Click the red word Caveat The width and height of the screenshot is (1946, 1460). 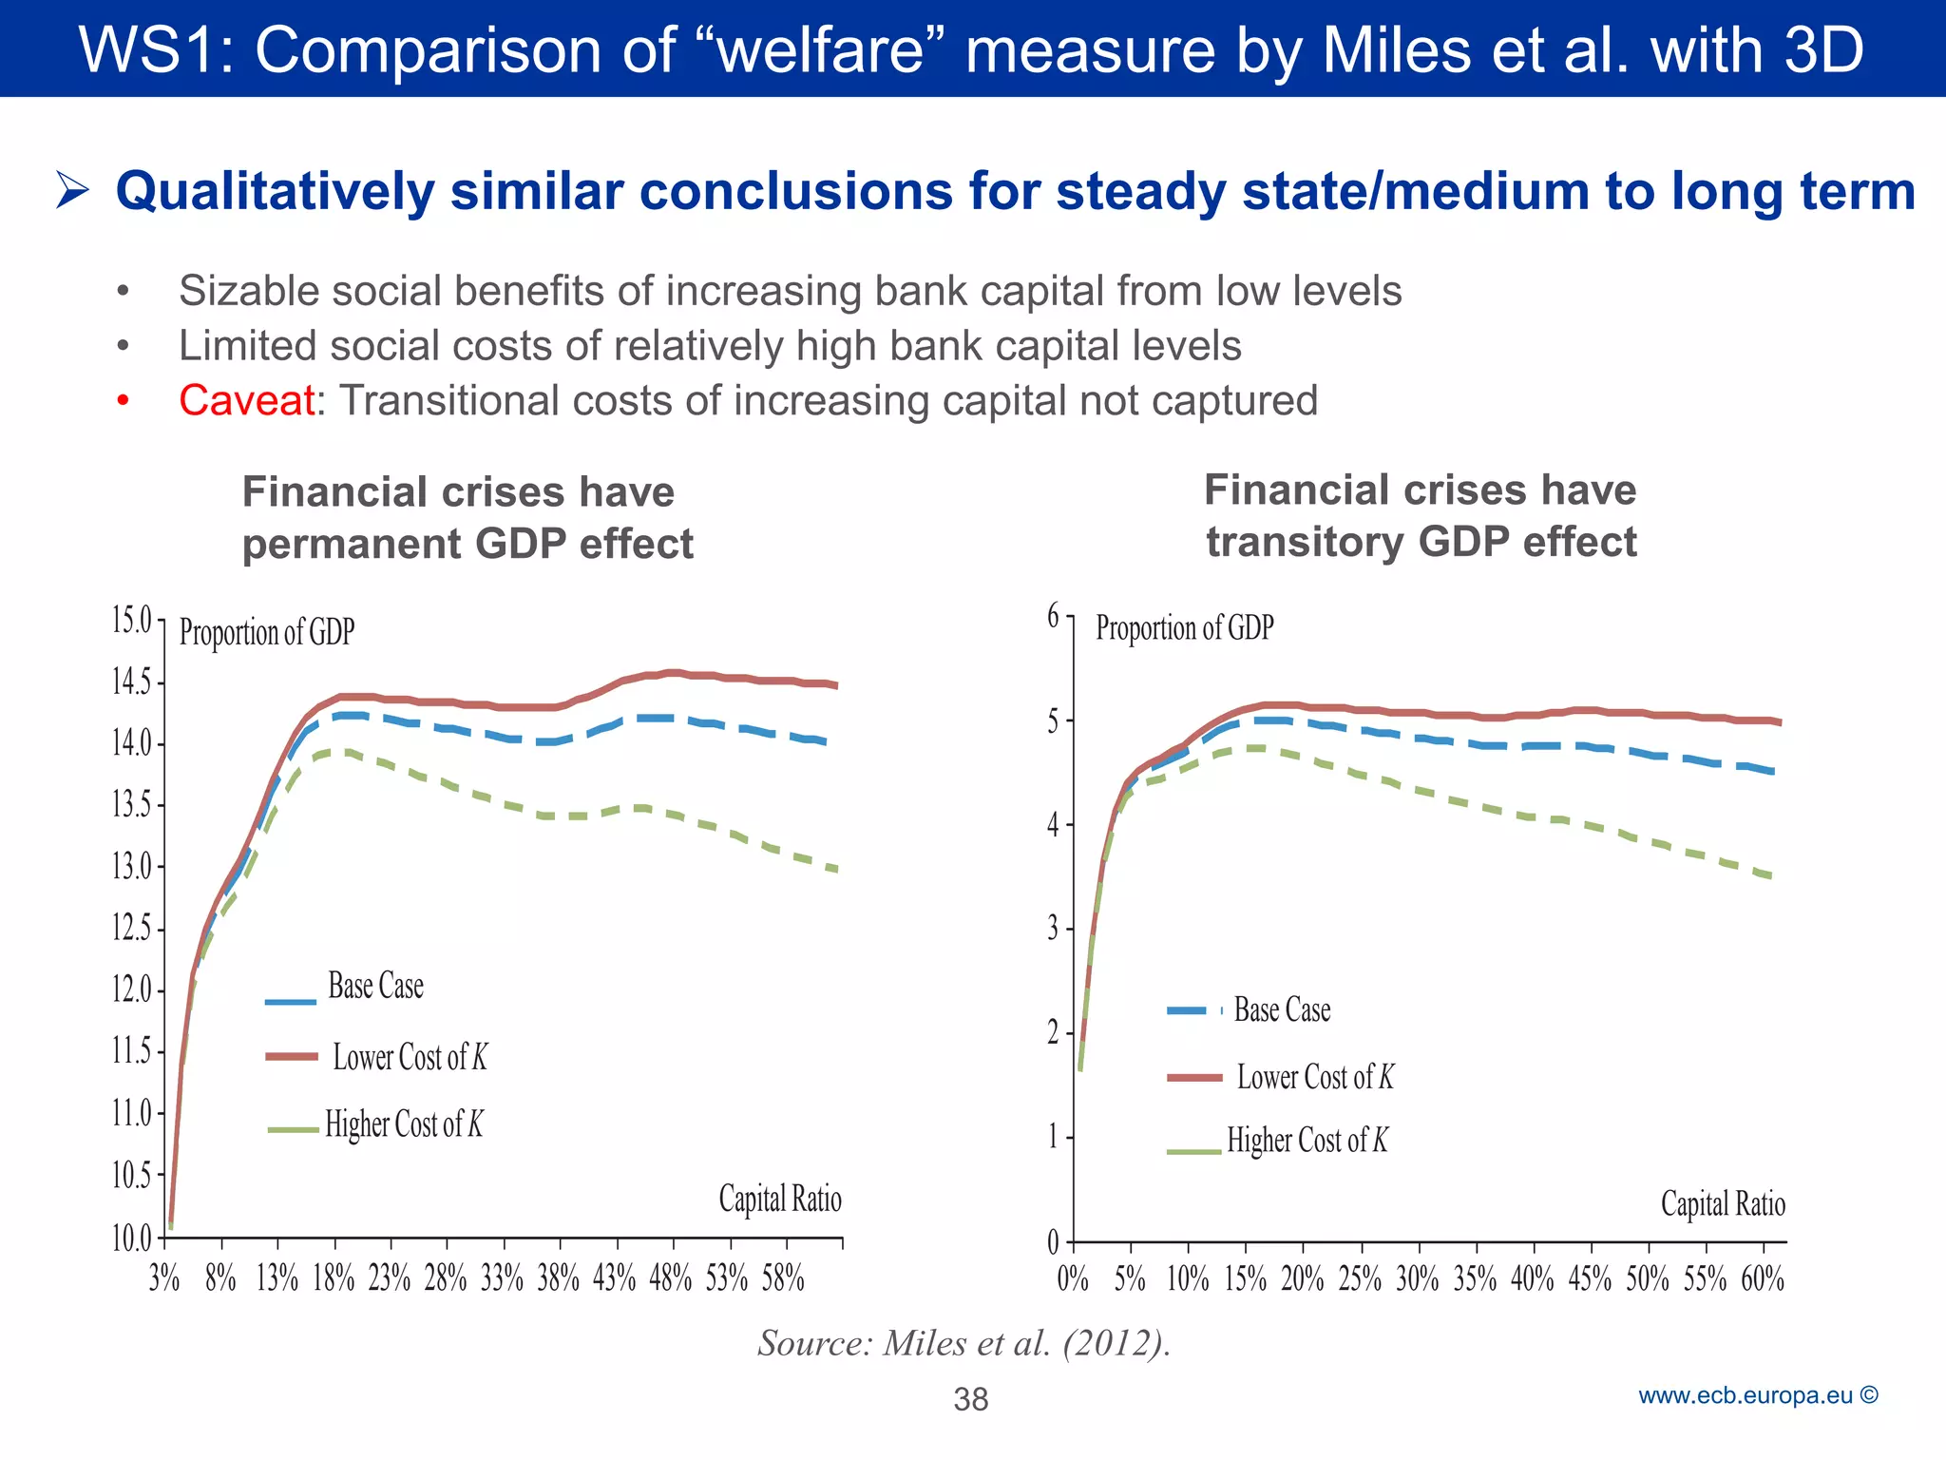pyautogui.click(x=246, y=400)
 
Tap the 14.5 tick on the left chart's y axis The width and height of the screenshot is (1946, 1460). pyautogui.click(x=132, y=682)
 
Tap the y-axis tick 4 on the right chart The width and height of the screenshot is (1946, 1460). pyautogui.click(x=1053, y=824)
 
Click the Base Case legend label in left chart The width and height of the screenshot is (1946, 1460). pyautogui.click(x=375, y=987)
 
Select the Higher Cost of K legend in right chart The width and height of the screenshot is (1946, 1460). pyautogui.click(x=1307, y=1140)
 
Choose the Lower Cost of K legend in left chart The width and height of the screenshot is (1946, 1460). pyautogui.click(x=410, y=1057)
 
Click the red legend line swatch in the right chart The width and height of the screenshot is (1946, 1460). pyautogui.click(x=1194, y=1078)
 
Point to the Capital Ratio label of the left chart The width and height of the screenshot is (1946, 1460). pyautogui.click(x=780, y=1200)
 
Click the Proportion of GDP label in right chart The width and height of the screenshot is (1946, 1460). pyautogui.click(x=1184, y=628)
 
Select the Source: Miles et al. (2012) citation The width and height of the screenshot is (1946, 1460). pyautogui.click(x=963, y=1343)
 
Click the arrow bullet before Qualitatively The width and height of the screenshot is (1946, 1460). pyautogui.click(x=72, y=190)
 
